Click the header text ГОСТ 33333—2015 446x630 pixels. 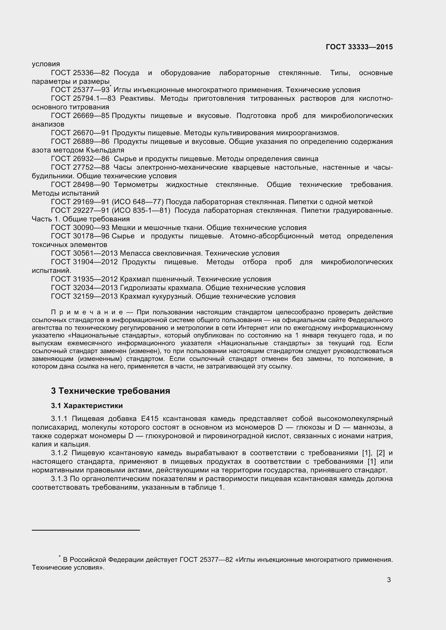359,47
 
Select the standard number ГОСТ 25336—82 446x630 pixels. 80,73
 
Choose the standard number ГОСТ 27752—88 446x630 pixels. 80,167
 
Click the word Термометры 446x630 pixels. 136,185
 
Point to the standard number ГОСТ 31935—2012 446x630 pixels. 84,279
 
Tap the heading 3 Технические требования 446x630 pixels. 110,391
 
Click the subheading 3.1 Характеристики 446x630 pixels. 87,406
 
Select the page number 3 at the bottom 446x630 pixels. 389,580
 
